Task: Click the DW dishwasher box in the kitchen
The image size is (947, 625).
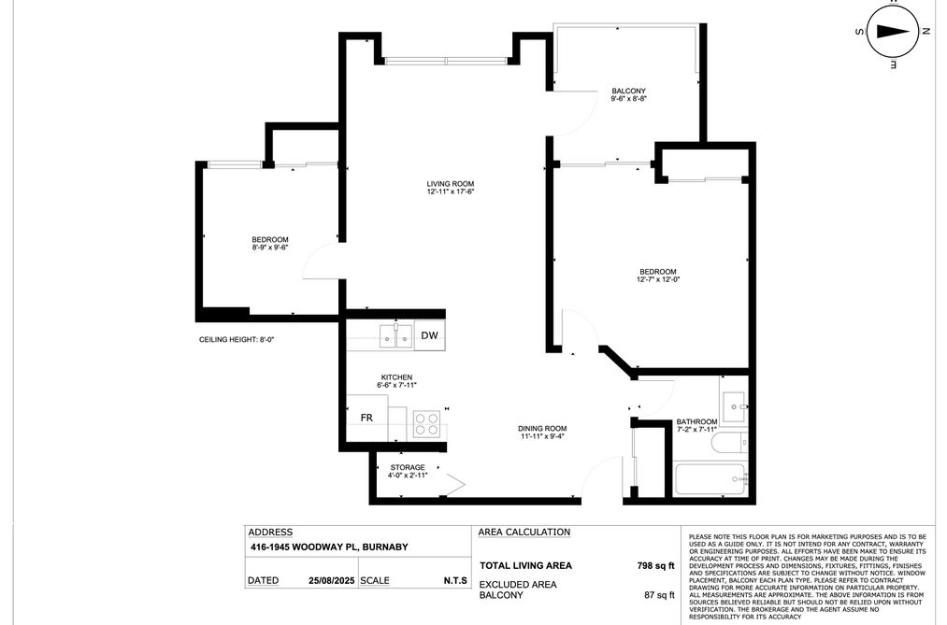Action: (x=428, y=335)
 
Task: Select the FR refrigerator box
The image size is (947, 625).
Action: (x=367, y=418)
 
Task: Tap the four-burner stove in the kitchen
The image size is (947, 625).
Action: (x=427, y=424)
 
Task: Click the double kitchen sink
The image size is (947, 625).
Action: (x=396, y=335)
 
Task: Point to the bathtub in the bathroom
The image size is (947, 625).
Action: (x=710, y=479)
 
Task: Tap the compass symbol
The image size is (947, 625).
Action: (x=891, y=30)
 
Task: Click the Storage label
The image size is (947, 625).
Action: (x=407, y=467)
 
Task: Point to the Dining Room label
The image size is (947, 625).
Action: (x=542, y=429)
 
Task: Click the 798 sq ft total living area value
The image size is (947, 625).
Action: (x=654, y=566)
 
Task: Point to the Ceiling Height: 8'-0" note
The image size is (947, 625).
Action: (x=237, y=340)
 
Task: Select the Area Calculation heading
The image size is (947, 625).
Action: (x=524, y=532)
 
